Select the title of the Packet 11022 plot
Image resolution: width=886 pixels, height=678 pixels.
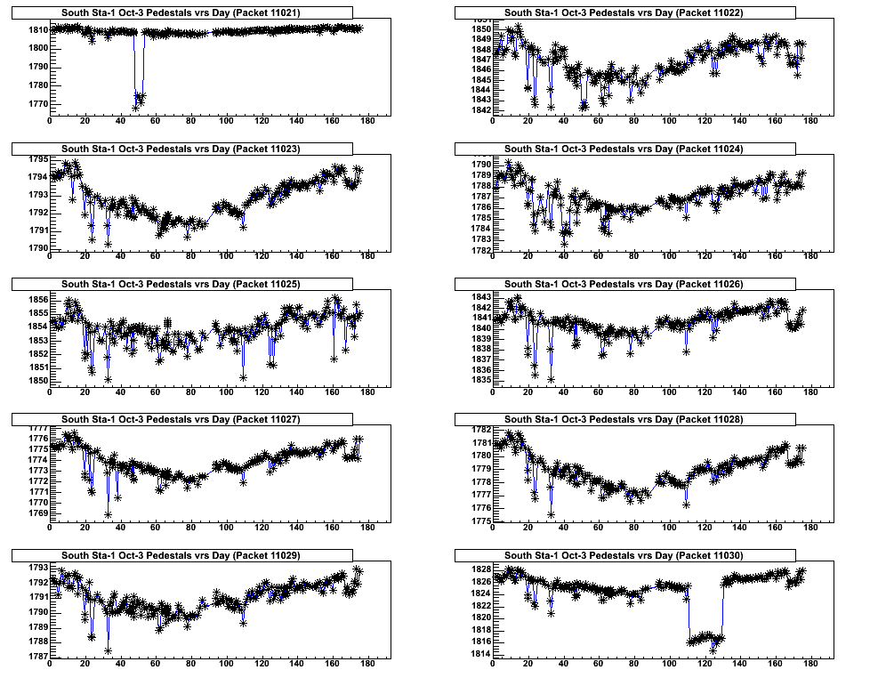tap(624, 13)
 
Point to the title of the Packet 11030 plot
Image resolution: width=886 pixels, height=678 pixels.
tap(624, 555)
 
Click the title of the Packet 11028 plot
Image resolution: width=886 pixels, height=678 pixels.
tap(624, 419)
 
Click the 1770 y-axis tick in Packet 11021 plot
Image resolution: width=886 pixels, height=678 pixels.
tap(36, 104)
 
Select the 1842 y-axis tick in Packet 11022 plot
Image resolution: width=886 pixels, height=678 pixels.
tap(479, 110)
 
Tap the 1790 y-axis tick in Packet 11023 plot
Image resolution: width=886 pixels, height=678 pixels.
tap(36, 248)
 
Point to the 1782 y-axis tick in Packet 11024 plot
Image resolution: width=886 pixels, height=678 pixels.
tap(479, 250)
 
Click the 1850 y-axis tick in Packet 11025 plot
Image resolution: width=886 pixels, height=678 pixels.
tap(36, 381)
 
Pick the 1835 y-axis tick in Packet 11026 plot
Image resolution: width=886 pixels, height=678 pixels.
tap(479, 380)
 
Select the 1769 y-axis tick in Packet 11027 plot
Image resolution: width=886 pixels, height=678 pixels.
tap(36, 513)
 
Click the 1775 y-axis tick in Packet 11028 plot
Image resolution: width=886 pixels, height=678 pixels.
tap(479, 521)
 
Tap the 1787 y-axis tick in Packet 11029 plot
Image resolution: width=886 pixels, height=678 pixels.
tap(36, 657)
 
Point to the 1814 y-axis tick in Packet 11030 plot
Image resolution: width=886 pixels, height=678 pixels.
tap(479, 654)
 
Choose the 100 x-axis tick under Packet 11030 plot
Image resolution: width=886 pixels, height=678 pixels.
tap(669, 665)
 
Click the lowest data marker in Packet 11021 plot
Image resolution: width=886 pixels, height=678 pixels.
tap(136, 108)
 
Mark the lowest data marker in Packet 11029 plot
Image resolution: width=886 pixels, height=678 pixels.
tap(108, 650)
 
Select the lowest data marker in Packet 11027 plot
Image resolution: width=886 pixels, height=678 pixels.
tap(108, 514)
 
